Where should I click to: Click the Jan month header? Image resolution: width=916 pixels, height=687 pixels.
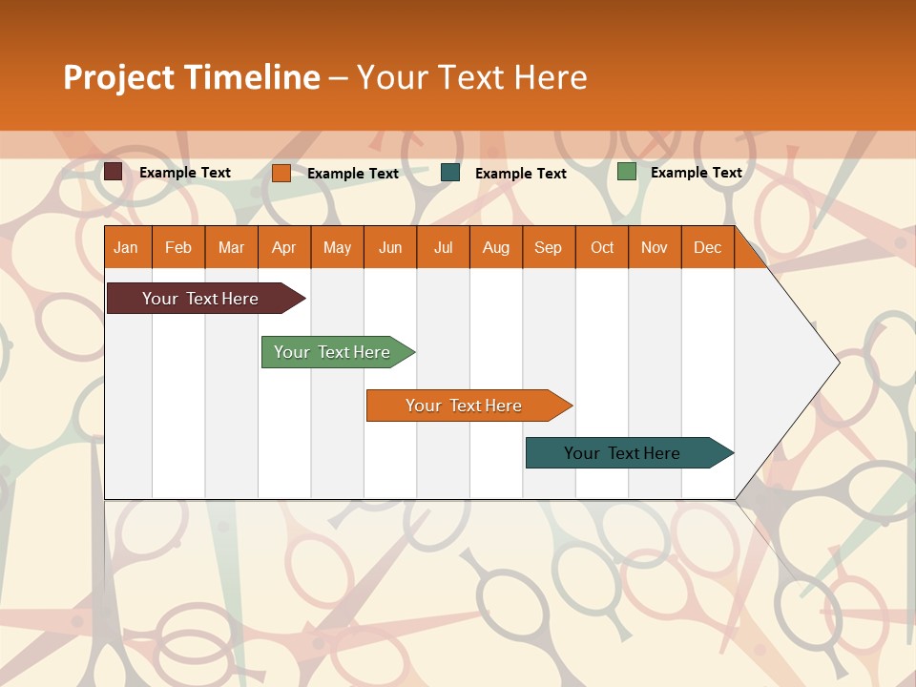[127, 247]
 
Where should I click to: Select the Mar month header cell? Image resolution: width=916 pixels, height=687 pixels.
[231, 247]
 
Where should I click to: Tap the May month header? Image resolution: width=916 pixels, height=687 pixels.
[337, 247]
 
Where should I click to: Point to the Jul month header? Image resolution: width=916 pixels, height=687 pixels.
[443, 247]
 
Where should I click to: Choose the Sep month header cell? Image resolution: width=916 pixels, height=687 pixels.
[548, 247]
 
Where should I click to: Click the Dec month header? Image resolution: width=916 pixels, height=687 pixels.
[707, 247]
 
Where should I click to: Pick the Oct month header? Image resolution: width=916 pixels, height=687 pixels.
[602, 247]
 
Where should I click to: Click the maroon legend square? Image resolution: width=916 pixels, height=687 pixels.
[114, 172]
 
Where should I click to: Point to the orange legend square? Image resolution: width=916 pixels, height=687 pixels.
[281, 173]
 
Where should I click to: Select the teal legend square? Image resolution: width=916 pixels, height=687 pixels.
[450, 173]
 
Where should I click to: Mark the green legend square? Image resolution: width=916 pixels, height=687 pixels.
[627, 172]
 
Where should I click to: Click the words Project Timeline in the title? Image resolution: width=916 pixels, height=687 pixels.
[191, 77]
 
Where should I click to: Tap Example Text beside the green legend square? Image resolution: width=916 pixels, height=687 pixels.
[696, 173]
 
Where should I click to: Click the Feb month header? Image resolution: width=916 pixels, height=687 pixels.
[178, 247]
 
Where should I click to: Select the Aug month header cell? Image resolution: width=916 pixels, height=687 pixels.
[495, 247]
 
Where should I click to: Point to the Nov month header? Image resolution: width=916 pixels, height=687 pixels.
[655, 247]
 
